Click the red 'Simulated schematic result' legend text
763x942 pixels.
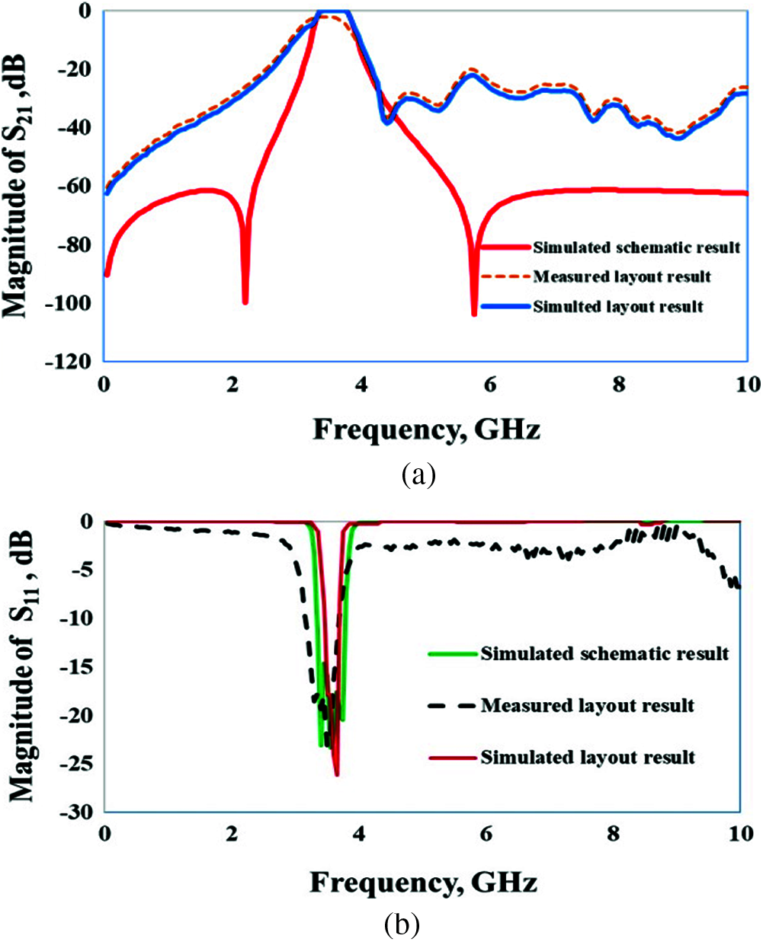click(x=636, y=247)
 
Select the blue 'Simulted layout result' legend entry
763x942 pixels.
click(x=617, y=307)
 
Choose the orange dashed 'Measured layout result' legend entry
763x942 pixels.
click(x=622, y=276)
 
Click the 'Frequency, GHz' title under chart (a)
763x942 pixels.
click(x=426, y=430)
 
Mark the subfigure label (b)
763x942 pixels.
click(x=402, y=925)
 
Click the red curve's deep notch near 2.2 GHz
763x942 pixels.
click(x=245, y=302)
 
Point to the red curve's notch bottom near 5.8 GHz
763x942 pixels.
click(x=474, y=312)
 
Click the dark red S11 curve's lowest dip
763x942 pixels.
click(x=336, y=774)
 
